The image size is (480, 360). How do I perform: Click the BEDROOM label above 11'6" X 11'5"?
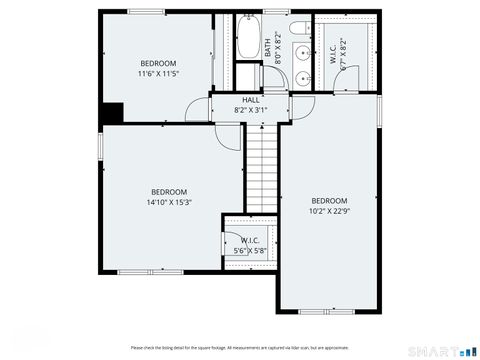pyautogui.click(x=157, y=62)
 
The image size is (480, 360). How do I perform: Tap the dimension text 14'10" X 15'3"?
pyautogui.click(x=169, y=202)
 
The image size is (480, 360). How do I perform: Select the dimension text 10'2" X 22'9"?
pyautogui.click(x=328, y=210)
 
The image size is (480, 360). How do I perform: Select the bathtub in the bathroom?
pyautogui.click(x=247, y=37)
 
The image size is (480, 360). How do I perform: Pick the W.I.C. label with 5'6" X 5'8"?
pyautogui.click(x=250, y=240)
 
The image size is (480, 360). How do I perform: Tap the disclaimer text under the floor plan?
pyautogui.click(x=239, y=347)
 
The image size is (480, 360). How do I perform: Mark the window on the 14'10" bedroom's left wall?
pyautogui.click(x=100, y=145)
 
